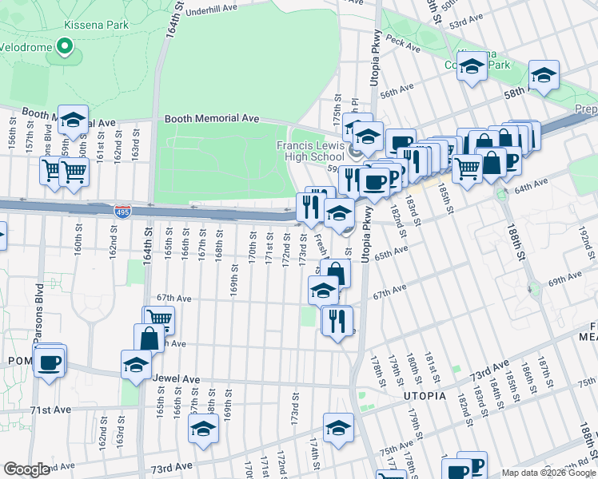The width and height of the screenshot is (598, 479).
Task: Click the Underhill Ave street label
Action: pyautogui.click(x=212, y=10)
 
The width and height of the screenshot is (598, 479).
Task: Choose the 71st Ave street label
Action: pyautogui.click(x=51, y=410)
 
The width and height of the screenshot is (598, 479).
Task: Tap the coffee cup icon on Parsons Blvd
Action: pyautogui.click(x=50, y=362)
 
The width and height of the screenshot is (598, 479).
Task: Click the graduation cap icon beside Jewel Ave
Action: pyautogui.click(x=137, y=364)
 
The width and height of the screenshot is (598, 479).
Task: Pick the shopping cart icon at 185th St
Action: pyautogui.click(x=467, y=168)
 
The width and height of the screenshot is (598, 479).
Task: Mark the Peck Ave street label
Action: pyautogui.click(x=402, y=42)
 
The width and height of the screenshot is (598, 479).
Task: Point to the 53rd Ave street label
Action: pyautogui.click(x=468, y=25)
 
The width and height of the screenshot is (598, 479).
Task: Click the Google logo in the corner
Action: pyautogui.click(x=27, y=469)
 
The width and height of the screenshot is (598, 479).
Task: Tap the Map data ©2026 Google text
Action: pyautogui.click(x=548, y=473)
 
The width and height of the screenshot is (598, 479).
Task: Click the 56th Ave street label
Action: pyautogui.click(x=397, y=91)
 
